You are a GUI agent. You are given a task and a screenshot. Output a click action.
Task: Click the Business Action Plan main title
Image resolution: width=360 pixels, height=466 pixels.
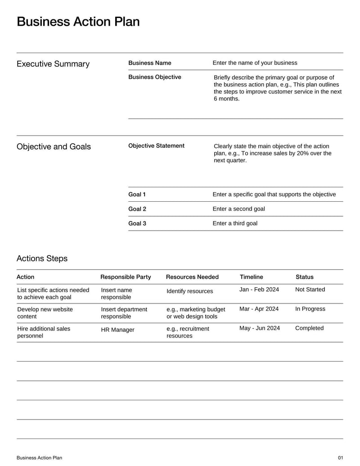78,22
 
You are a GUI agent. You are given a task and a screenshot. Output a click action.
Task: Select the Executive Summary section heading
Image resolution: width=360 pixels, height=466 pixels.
53,64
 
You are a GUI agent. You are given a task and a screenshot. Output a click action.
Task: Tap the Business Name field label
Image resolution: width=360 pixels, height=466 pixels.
150,63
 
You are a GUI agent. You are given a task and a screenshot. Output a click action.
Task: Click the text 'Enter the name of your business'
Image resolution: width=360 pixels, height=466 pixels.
255,63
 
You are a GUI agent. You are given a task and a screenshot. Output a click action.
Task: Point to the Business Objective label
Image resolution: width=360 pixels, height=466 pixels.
155,77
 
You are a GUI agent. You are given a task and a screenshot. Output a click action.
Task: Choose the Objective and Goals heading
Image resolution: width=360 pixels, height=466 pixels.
54,147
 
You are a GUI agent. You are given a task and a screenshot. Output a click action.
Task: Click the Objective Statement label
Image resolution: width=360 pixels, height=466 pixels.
156,146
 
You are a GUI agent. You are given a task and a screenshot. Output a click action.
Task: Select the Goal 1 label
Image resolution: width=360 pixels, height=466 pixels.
137,195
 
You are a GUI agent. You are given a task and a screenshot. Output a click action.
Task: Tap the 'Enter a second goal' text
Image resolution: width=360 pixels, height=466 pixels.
238,209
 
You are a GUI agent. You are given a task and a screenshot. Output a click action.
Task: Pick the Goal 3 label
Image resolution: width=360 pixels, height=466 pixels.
137,223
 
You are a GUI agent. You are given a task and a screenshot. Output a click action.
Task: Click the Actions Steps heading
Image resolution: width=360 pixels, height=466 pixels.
42,258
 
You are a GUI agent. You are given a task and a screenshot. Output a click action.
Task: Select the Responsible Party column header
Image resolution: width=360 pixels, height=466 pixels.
126,277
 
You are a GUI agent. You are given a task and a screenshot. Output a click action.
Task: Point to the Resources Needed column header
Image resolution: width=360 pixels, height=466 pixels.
192,277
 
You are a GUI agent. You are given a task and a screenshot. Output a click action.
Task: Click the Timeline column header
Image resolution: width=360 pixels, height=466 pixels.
251,277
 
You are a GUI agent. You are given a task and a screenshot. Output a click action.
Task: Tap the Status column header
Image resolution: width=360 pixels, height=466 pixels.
305,277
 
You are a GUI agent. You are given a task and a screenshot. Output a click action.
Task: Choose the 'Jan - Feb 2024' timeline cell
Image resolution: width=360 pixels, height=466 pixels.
259,290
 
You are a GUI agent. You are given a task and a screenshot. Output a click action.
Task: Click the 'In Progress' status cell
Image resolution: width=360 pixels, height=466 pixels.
310,309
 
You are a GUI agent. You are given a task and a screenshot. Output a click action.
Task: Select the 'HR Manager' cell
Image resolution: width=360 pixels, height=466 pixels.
117,330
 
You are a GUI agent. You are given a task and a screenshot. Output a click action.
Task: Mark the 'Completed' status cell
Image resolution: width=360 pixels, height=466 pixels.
309,328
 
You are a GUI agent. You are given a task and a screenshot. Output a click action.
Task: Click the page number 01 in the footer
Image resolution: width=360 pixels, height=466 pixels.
340,458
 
